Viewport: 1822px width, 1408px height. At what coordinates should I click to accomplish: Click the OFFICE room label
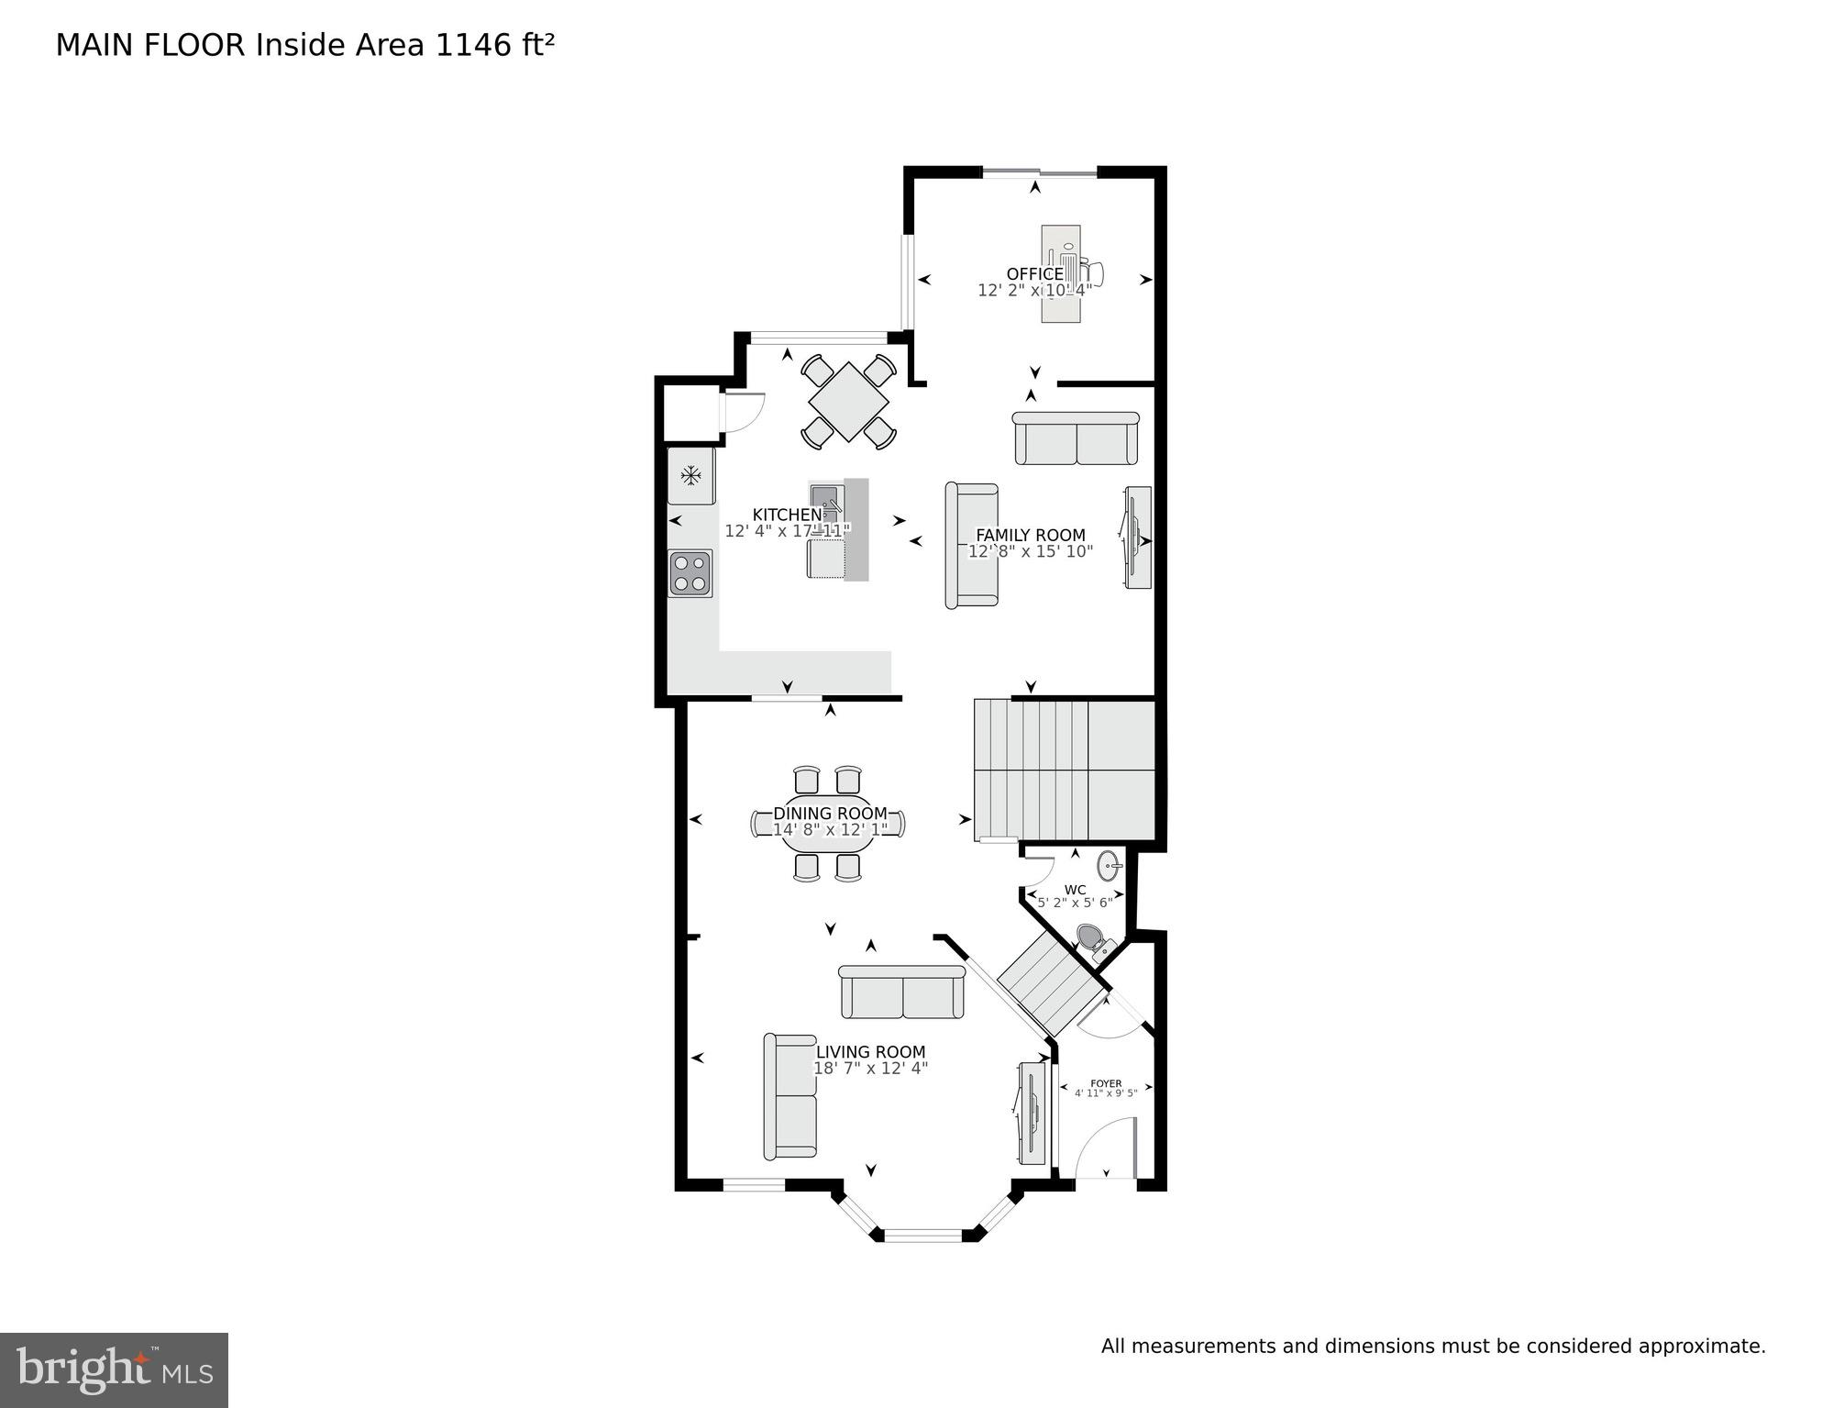coord(1034,273)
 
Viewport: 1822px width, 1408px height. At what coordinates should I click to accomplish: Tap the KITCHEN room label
coord(787,515)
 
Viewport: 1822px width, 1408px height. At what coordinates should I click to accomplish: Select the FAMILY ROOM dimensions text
coord(1031,551)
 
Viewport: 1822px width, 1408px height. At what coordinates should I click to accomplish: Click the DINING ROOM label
coord(830,813)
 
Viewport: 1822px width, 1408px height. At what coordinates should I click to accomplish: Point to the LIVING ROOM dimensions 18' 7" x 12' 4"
coord(871,1069)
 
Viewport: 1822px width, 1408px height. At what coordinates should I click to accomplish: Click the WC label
coord(1075,890)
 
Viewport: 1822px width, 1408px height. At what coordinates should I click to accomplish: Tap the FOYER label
coord(1106,1083)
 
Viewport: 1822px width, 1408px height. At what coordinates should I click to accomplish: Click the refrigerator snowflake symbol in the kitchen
coord(690,475)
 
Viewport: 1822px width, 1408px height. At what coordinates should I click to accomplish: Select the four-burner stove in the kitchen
coord(690,572)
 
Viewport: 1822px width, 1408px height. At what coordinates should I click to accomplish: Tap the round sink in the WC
coord(1110,864)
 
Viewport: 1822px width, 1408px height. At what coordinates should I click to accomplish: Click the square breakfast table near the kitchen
coord(848,402)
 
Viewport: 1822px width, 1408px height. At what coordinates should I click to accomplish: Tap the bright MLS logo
coord(114,1369)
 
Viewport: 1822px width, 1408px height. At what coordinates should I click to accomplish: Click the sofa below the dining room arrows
coord(902,992)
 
